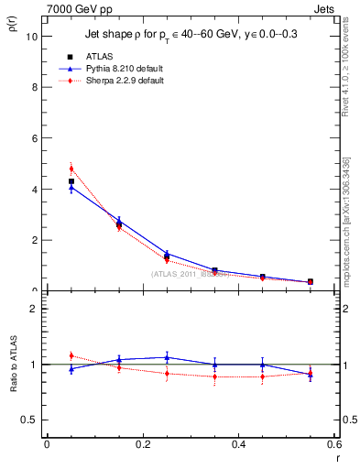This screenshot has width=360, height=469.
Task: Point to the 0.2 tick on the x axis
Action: [x=142, y=443]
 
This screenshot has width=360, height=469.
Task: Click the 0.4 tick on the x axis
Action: [x=238, y=443]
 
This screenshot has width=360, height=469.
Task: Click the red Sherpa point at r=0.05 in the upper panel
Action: [x=71, y=169]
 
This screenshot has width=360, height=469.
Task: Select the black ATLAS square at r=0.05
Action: [x=71, y=181]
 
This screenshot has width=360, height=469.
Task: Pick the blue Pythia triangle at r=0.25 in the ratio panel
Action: [x=167, y=357]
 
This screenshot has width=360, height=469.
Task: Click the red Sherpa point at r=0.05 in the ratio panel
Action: [x=71, y=355]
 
